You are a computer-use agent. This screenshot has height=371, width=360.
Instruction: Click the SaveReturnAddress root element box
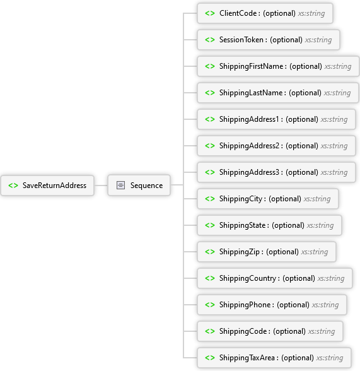click(47, 185)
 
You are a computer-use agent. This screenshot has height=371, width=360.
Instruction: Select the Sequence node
click(139, 185)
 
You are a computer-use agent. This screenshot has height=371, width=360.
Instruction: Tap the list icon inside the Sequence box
click(120, 185)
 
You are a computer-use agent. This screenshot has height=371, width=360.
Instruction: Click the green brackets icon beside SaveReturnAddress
click(13, 185)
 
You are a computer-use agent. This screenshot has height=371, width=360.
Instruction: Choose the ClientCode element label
click(238, 13)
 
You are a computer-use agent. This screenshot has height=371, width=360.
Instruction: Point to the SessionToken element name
click(241, 40)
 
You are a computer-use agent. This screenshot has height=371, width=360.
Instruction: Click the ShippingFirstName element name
click(252, 66)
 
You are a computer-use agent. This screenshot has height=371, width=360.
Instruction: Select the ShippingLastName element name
click(251, 93)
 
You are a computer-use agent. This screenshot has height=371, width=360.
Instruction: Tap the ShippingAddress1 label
click(249, 119)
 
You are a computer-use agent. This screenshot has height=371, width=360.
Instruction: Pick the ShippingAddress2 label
click(249, 146)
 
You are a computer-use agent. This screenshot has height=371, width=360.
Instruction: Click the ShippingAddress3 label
click(249, 172)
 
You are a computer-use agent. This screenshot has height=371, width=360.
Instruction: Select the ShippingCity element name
click(241, 199)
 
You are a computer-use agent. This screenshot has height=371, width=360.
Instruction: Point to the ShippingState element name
click(242, 225)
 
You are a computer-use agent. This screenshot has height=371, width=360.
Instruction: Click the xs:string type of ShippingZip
click(315, 252)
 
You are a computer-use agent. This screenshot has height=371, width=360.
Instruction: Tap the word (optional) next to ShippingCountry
click(299, 278)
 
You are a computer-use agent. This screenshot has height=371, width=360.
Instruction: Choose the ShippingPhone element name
click(245, 305)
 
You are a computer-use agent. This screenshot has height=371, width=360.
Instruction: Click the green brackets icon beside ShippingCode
click(210, 331)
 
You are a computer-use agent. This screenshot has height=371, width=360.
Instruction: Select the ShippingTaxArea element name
click(247, 358)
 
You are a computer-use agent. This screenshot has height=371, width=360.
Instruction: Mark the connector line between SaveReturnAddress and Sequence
click(101, 185)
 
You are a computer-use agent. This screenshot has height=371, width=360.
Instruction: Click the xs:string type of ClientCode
click(311, 13)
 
